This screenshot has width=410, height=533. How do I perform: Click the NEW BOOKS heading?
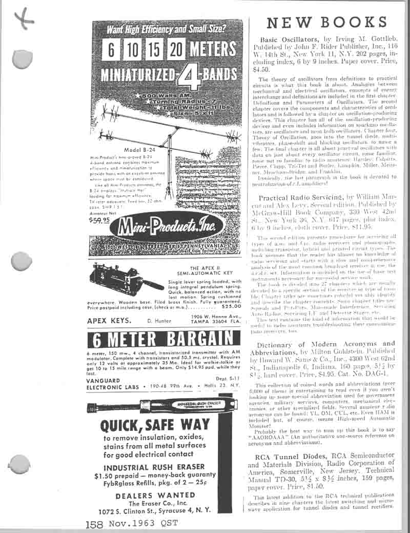click(x=326, y=22)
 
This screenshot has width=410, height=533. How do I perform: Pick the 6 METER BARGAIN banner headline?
click(x=164, y=340)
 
